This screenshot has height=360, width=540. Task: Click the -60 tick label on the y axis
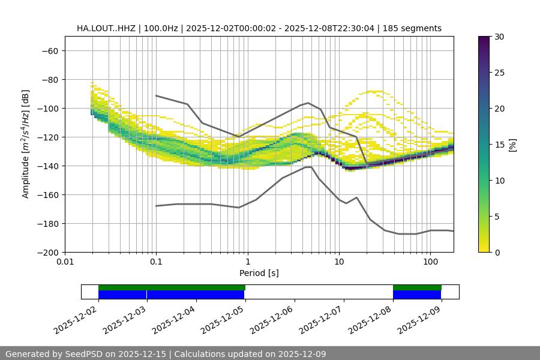coord(49,50)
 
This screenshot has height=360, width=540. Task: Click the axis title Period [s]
coord(259,273)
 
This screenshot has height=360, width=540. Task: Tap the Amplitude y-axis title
coord(26,144)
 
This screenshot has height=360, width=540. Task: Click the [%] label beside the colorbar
coord(512,145)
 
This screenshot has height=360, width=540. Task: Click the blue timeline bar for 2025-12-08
coord(417,295)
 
